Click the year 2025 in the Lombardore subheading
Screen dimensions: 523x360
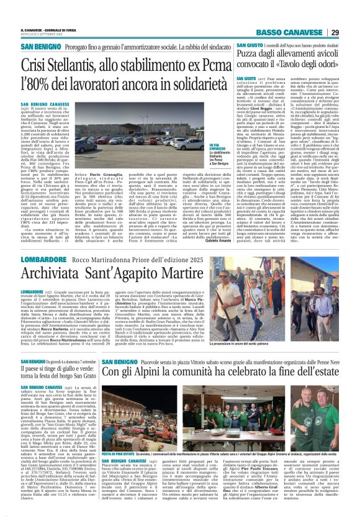click(184, 259)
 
